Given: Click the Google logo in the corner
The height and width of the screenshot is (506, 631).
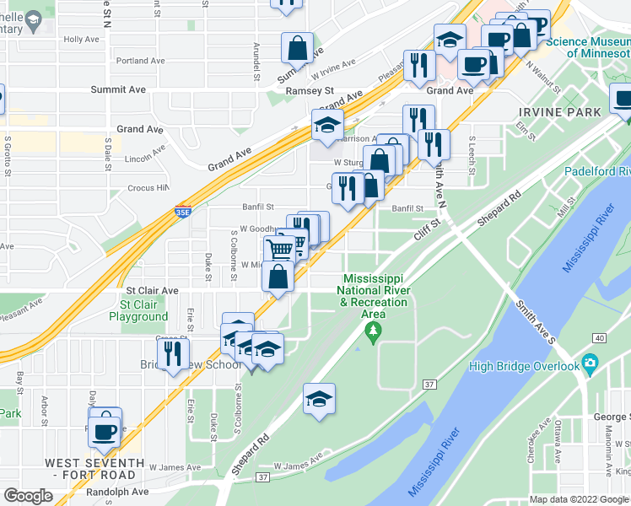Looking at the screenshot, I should (x=29, y=496).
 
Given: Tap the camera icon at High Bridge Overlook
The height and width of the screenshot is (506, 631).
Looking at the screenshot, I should (x=590, y=364).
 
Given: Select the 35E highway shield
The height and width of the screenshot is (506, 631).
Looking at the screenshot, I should (x=183, y=213).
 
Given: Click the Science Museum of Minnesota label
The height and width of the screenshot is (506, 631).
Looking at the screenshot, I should (x=587, y=47).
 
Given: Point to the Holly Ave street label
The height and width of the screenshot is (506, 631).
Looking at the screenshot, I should (x=81, y=40).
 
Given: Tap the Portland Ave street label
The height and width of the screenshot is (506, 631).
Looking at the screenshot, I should (x=140, y=61).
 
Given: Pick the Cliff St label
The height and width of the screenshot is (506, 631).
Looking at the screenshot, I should (x=428, y=225).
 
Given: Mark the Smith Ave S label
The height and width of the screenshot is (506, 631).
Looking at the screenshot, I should (x=536, y=310).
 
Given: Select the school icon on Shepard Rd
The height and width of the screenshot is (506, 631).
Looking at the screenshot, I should (x=319, y=399).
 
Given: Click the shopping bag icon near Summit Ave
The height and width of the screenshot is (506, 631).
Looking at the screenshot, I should (x=297, y=48).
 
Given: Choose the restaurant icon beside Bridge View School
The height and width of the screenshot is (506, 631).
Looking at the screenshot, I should (x=173, y=353).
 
